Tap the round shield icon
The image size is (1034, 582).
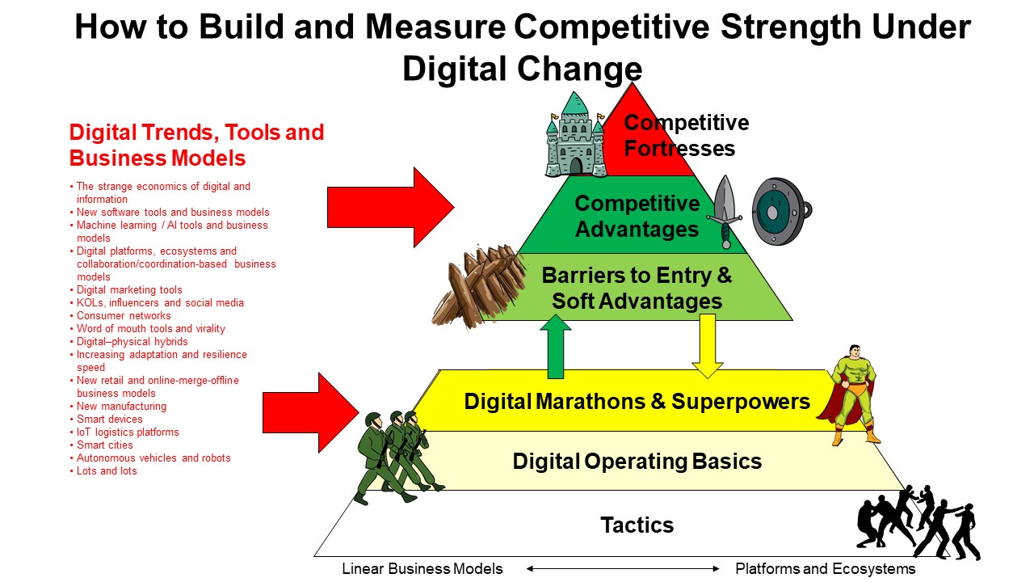pos(781,212)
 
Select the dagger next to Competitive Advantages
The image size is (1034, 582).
pos(725,212)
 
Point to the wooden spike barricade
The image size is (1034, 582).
pos(479,285)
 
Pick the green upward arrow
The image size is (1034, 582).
pos(555,347)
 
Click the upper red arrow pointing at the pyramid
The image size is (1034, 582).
pos(390,208)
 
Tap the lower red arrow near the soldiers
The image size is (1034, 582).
pos(311,412)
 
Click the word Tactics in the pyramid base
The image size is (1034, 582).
pos(637,525)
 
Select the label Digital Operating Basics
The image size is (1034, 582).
pos(637,462)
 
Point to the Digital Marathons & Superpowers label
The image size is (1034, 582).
pos(637,402)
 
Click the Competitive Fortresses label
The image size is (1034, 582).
pos(687,135)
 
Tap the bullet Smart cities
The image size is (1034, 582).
pos(101,445)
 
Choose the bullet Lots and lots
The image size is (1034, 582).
pos(103,470)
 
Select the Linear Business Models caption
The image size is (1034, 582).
pos(422,568)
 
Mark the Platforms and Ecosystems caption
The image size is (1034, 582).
pos(826,568)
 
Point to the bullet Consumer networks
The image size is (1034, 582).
pos(120,315)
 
